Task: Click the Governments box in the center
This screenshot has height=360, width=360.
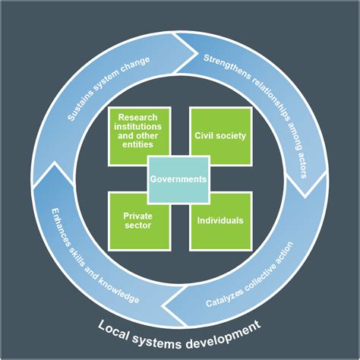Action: tap(178, 179)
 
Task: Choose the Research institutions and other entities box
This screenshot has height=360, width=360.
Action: tap(138, 131)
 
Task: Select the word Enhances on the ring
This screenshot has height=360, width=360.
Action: tap(59, 225)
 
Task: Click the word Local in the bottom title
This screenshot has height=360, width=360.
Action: tap(114, 327)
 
